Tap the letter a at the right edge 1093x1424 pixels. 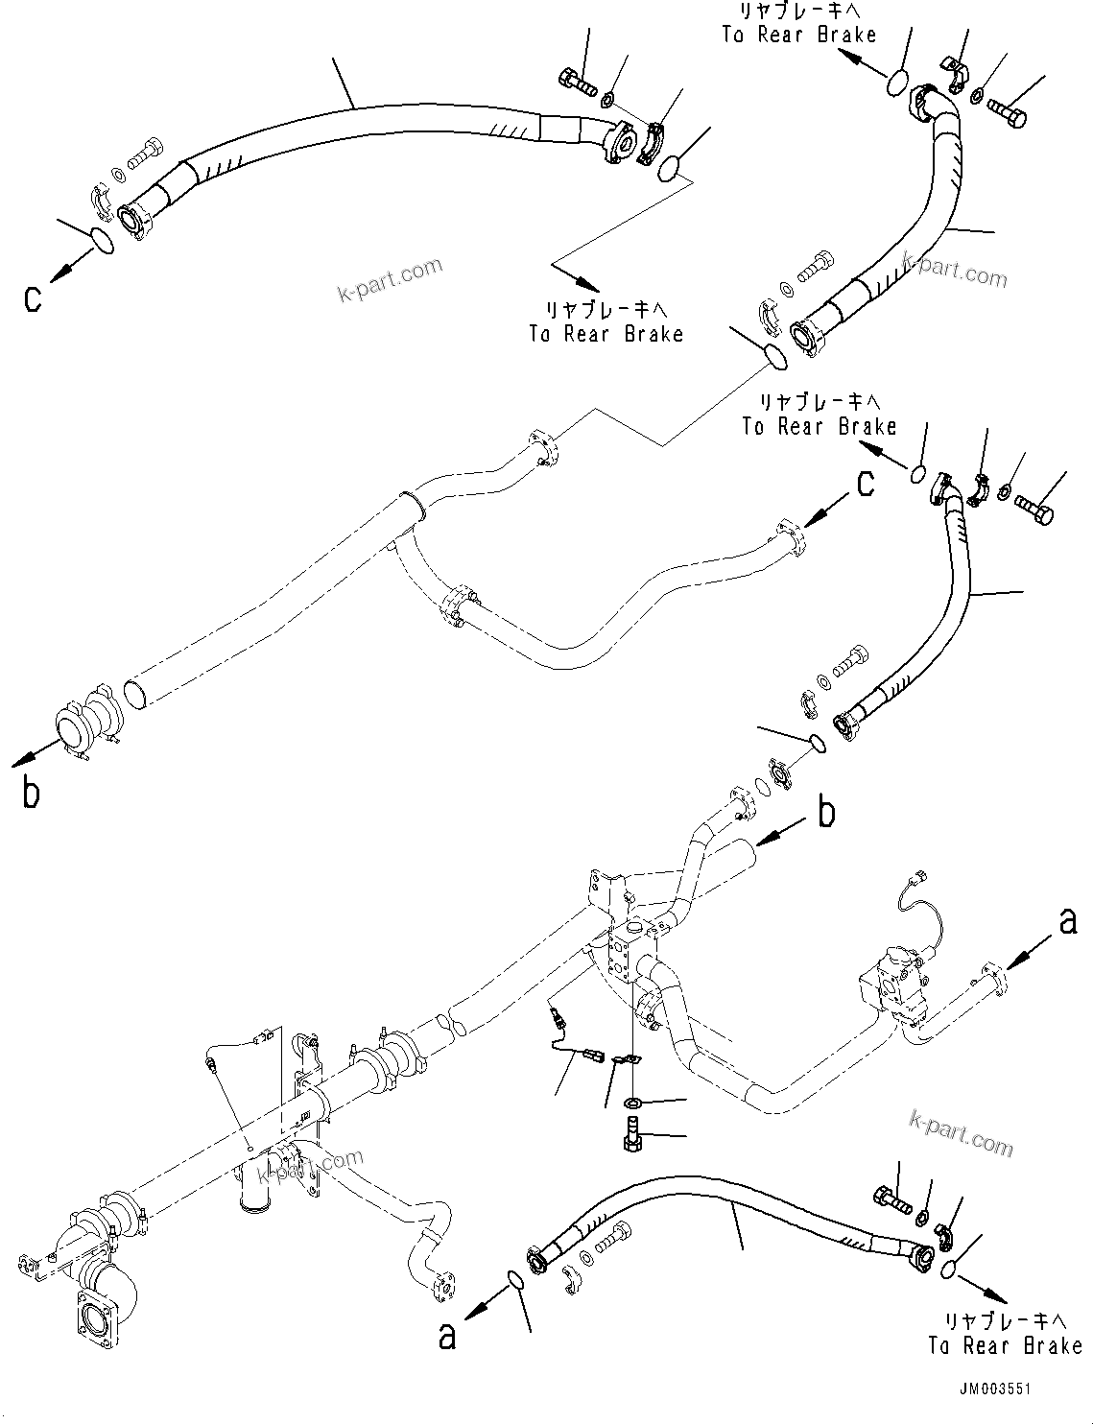[1067, 922]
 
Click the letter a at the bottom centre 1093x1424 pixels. [447, 1337]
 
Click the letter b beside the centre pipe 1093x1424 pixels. [826, 813]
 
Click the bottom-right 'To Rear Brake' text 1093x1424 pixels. [1004, 1345]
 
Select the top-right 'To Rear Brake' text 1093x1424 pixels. [798, 36]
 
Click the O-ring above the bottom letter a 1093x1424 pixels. [514, 1279]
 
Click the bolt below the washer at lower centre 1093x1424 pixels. [634, 1130]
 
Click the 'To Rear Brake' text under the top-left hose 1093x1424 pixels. [606, 333]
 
